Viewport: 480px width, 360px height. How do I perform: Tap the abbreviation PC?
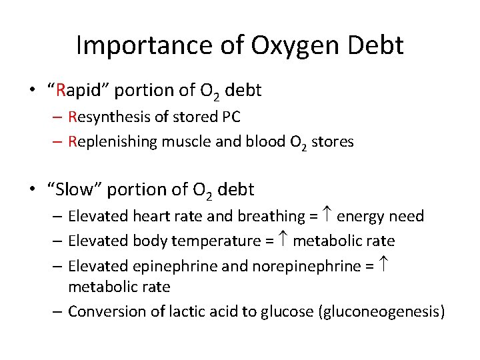pyautogui.click(x=229, y=117)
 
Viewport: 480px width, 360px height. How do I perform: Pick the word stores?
pyautogui.click(x=331, y=141)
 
